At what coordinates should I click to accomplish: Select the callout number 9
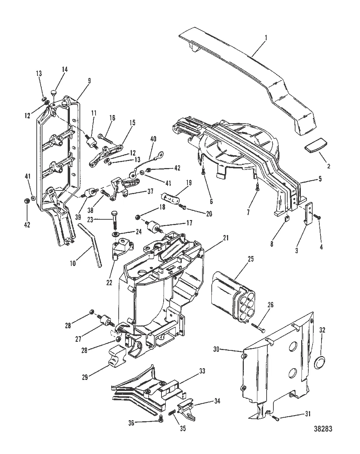point(89,81)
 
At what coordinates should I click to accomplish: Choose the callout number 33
point(202,372)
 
